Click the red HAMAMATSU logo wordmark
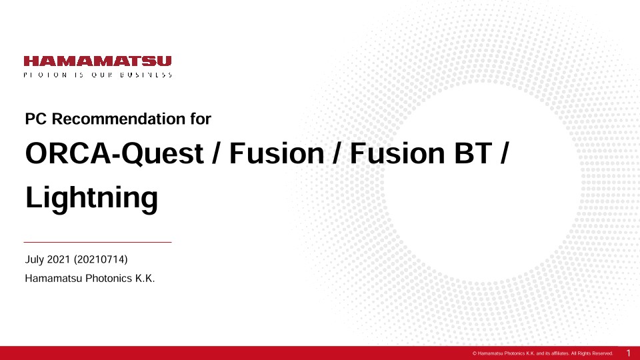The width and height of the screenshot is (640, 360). point(97,61)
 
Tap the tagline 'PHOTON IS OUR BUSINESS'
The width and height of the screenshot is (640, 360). point(97,75)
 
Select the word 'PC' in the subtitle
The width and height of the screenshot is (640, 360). point(36,119)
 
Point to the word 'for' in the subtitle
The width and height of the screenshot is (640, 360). point(201,119)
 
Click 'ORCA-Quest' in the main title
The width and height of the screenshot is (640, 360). point(114,154)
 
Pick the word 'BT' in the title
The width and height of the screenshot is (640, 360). point(473,153)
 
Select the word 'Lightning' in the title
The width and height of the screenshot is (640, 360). point(91,198)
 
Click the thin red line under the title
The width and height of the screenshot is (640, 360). point(97,242)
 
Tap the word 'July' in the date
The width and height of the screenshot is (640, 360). point(34,259)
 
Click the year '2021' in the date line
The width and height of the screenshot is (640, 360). point(59,259)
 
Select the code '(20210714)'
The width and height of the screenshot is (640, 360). point(101,259)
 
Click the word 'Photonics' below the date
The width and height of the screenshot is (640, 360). point(109,279)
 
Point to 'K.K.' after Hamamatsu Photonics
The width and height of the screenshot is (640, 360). point(145,279)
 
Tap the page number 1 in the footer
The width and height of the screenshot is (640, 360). point(628,353)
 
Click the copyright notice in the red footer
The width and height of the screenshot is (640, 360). point(543,353)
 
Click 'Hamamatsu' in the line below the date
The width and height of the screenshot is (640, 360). point(53,279)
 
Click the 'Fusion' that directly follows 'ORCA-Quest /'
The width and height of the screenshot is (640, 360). point(277,153)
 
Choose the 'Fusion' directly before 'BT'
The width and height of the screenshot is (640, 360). point(397,153)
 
